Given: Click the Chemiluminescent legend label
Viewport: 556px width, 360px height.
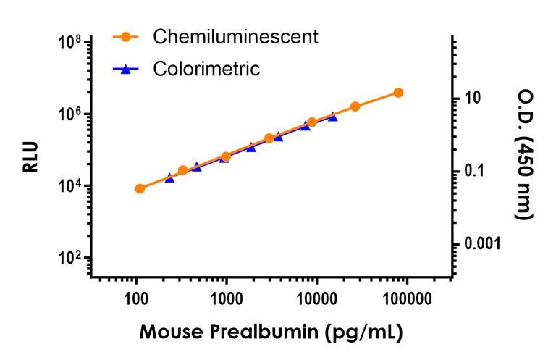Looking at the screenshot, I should [235, 37].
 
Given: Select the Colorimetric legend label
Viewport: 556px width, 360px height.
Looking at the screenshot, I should [206, 70].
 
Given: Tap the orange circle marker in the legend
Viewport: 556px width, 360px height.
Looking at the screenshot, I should [126, 37].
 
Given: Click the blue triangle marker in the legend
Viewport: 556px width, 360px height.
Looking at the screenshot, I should [126, 70].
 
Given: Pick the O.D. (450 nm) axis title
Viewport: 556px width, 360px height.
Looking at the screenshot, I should [523, 154].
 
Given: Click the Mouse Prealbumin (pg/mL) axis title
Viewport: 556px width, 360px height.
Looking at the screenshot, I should [271, 332].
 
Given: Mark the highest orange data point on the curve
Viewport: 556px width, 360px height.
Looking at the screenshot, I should [398, 93].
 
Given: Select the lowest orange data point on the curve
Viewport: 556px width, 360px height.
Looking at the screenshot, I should [140, 188].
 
